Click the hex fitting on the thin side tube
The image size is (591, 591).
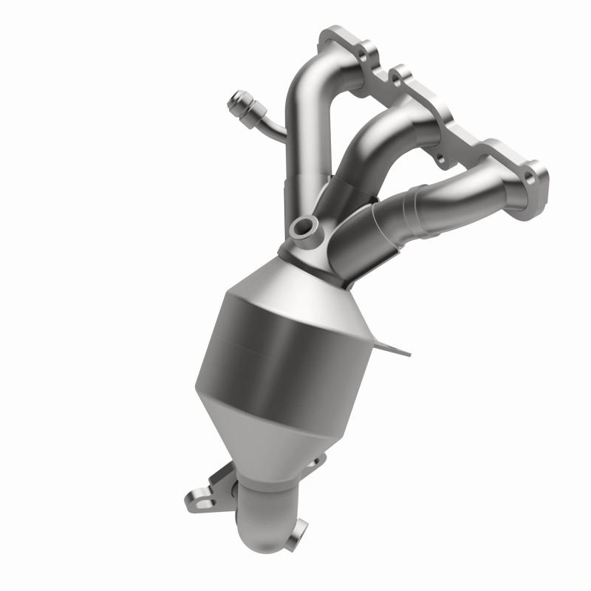[x=242, y=103]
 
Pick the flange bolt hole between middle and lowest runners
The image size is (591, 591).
[x=441, y=157]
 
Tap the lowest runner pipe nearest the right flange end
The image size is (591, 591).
[x=473, y=194]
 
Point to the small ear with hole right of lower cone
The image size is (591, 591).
[x=316, y=462]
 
